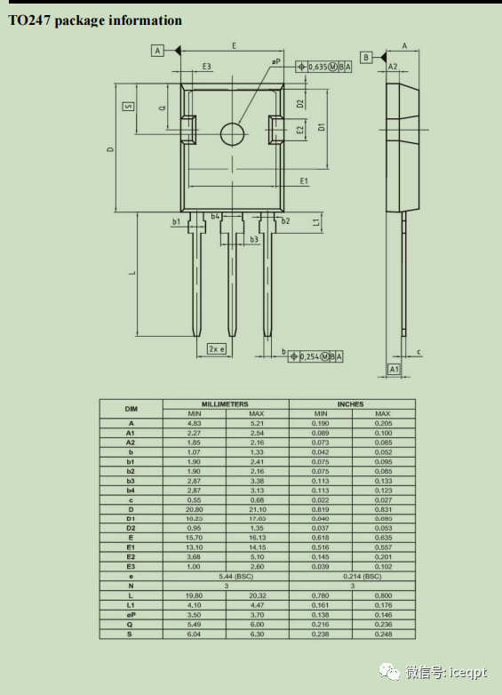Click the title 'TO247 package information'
(95, 20)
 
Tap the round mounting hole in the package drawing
(233, 133)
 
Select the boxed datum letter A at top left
(158, 51)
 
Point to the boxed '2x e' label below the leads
(217, 348)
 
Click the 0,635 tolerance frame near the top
(323, 66)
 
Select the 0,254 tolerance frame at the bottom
(315, 355)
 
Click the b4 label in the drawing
(216, 216)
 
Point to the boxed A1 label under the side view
(394, 368)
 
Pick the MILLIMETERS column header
(226, 404)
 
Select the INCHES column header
(351, 404)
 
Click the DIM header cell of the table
(131, 409)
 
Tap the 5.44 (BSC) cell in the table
(226, 576)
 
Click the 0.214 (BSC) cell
(351, 576)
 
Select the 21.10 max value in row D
(257, 509)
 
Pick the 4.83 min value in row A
(194, 423)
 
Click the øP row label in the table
(131, 614)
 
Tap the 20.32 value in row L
(257, 595)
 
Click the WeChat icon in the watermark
(390, 673)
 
